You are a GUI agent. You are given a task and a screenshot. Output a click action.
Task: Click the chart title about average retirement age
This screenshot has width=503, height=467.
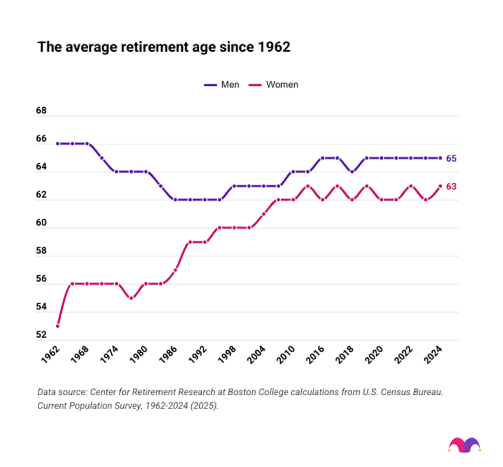point(164,47)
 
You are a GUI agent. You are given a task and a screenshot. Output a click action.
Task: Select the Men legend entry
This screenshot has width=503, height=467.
point(222,85)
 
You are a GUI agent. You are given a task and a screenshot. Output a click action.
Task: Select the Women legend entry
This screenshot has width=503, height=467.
point(274,85)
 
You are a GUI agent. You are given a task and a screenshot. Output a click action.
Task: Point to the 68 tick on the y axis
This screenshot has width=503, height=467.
point(41,111)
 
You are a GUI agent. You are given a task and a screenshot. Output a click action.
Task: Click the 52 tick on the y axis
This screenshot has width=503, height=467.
point(41,335)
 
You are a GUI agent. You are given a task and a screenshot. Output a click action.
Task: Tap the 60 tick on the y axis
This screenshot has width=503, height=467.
point(41,223)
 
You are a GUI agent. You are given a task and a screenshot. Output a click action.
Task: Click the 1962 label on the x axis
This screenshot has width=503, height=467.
point(51,355)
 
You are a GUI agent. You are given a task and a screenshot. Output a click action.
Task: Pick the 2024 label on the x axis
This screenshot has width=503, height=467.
point(433,355)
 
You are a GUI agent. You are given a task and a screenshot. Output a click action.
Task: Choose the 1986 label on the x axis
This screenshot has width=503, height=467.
point(168,355)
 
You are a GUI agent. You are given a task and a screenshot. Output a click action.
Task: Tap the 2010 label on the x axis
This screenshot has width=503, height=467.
point(286,355)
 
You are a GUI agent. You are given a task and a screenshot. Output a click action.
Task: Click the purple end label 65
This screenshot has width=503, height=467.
point(451,159)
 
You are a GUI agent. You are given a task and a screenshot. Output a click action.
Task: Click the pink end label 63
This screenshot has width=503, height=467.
point(451,187)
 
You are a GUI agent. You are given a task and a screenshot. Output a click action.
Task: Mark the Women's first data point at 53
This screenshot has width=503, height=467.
point(58,326)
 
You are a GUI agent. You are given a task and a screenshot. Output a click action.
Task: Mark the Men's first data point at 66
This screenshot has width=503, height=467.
point(58,144)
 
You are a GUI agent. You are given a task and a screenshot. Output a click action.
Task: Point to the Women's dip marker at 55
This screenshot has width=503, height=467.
point(131,298)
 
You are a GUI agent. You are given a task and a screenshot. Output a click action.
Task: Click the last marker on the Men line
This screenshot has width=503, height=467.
point(440,158)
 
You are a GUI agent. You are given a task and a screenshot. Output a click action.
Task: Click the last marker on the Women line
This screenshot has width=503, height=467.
point(440,186)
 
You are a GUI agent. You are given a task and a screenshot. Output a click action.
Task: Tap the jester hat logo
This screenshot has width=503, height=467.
point(464,445)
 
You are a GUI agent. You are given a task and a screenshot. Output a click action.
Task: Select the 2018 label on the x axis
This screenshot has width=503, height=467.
point(345,355)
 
